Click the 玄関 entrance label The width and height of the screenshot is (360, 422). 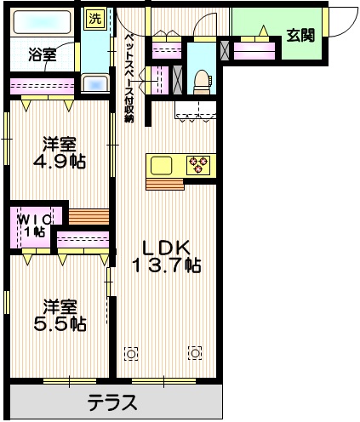pyautogui.click(x=299, y=35)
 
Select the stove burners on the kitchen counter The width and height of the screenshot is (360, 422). pyautogui.click(x=200, y=164)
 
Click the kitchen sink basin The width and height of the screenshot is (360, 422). pyautogui.click(x=162, y=164)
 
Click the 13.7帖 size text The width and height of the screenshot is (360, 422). pyautogui.click(x=166, y=265)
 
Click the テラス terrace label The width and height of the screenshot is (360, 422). pyautogui.click(x=111, y=402)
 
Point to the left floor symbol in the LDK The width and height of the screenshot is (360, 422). pyautogui.click(x=130, y=351)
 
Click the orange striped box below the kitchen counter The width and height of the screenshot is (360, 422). pyautogui.click(x=163, y=183)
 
